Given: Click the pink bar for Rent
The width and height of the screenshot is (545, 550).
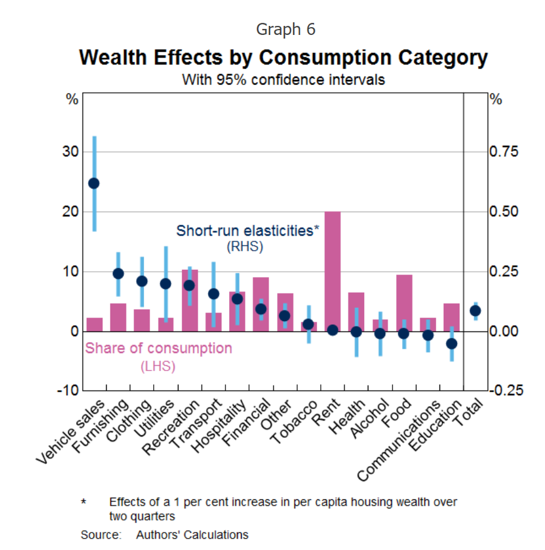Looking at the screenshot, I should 332,271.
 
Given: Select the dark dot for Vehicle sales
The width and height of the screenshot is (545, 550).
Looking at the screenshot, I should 94,183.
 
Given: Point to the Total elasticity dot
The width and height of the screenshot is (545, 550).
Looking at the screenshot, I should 475,311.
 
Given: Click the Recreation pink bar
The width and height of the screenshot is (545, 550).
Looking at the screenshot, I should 189,301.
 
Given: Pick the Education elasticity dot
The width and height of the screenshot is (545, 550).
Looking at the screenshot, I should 451,343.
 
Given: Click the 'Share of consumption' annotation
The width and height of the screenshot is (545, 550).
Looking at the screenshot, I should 159,349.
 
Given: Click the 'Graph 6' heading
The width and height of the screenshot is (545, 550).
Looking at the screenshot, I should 285,29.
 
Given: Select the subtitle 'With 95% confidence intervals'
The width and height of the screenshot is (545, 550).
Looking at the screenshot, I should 283,80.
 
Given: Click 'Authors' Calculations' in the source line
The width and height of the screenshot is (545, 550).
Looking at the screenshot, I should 192,534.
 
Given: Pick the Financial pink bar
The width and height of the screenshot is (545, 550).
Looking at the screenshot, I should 260,304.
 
